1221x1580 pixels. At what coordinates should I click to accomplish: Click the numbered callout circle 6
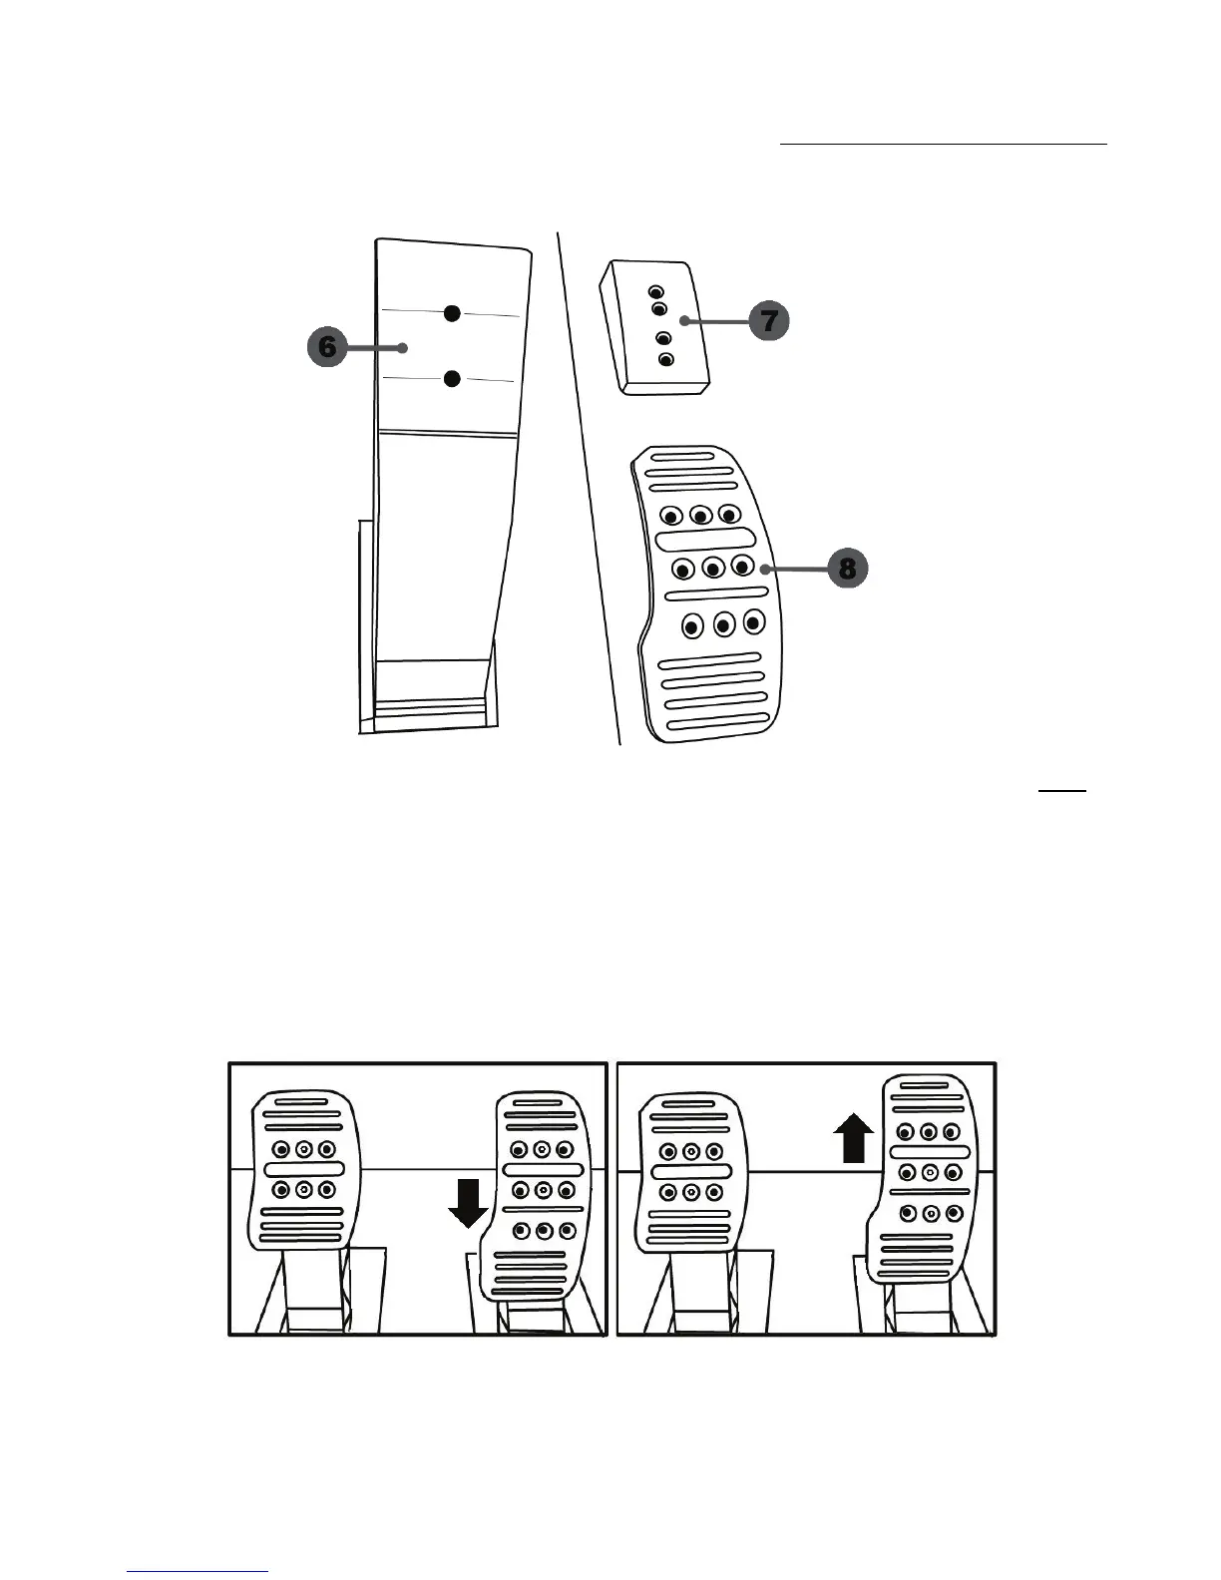point(326,347)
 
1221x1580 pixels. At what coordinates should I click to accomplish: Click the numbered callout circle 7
point(769,320)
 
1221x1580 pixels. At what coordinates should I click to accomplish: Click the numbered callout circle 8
point(847,569)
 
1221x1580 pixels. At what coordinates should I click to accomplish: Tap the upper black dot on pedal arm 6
point(452,313)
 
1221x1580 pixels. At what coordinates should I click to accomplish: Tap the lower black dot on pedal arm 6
point(452,379)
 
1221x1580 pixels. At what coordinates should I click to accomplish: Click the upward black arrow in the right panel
point(853,1138)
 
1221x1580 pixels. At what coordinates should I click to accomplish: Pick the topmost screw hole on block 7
point(655,292)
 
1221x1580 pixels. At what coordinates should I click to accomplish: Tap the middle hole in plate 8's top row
point(700,516)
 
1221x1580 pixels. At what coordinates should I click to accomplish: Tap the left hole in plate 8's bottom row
point(691,626)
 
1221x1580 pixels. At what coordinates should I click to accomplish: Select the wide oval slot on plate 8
point(699,540)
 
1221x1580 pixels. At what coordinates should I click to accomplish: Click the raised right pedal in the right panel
point(927,1177)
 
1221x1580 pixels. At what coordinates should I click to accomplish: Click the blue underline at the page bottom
point(199,1571)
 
